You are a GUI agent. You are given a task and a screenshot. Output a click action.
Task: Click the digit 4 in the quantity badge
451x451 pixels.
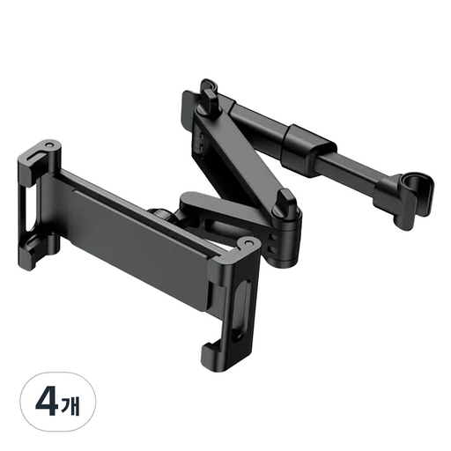click(48, 403)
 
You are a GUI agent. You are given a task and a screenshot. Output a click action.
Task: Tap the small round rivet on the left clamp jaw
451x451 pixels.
click(48, 145)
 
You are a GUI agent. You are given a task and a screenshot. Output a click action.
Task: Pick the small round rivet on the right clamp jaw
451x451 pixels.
click(248, 243)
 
